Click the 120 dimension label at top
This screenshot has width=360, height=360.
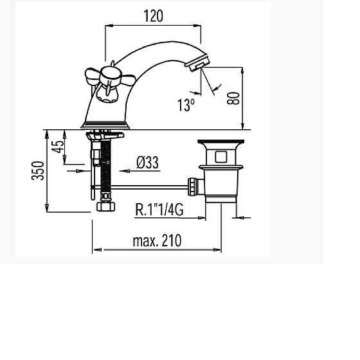(154, 16)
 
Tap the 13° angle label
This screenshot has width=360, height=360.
(186, 105)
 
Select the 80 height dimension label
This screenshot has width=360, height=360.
(233, 98)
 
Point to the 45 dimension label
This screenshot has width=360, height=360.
(57, 147)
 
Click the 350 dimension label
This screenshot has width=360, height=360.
(38, 170)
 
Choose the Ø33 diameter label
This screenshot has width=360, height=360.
(147, 163)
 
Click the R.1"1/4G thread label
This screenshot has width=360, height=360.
(159, 210)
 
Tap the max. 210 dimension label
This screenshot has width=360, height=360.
(157, 240)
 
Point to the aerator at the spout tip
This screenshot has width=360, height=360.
(198, 62)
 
